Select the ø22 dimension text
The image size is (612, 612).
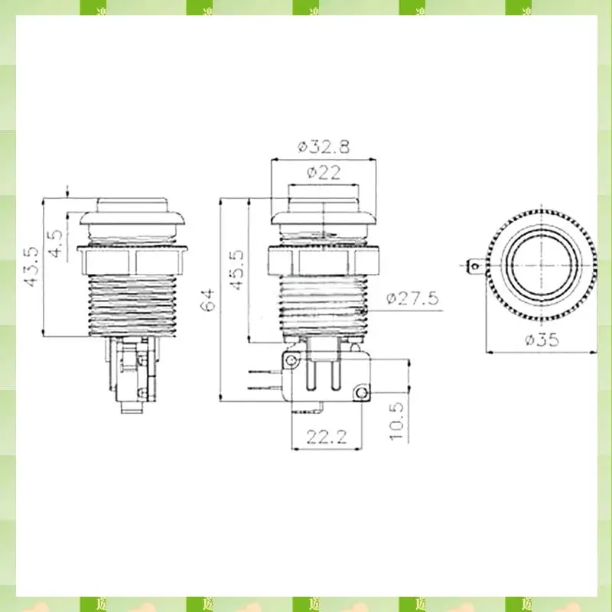coord(324,173)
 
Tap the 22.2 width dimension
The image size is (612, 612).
coord(327,438)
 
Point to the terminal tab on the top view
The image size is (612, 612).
coord(476,267)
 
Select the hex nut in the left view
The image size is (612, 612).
coord(133,261)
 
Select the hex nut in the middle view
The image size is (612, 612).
coord(324,262)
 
